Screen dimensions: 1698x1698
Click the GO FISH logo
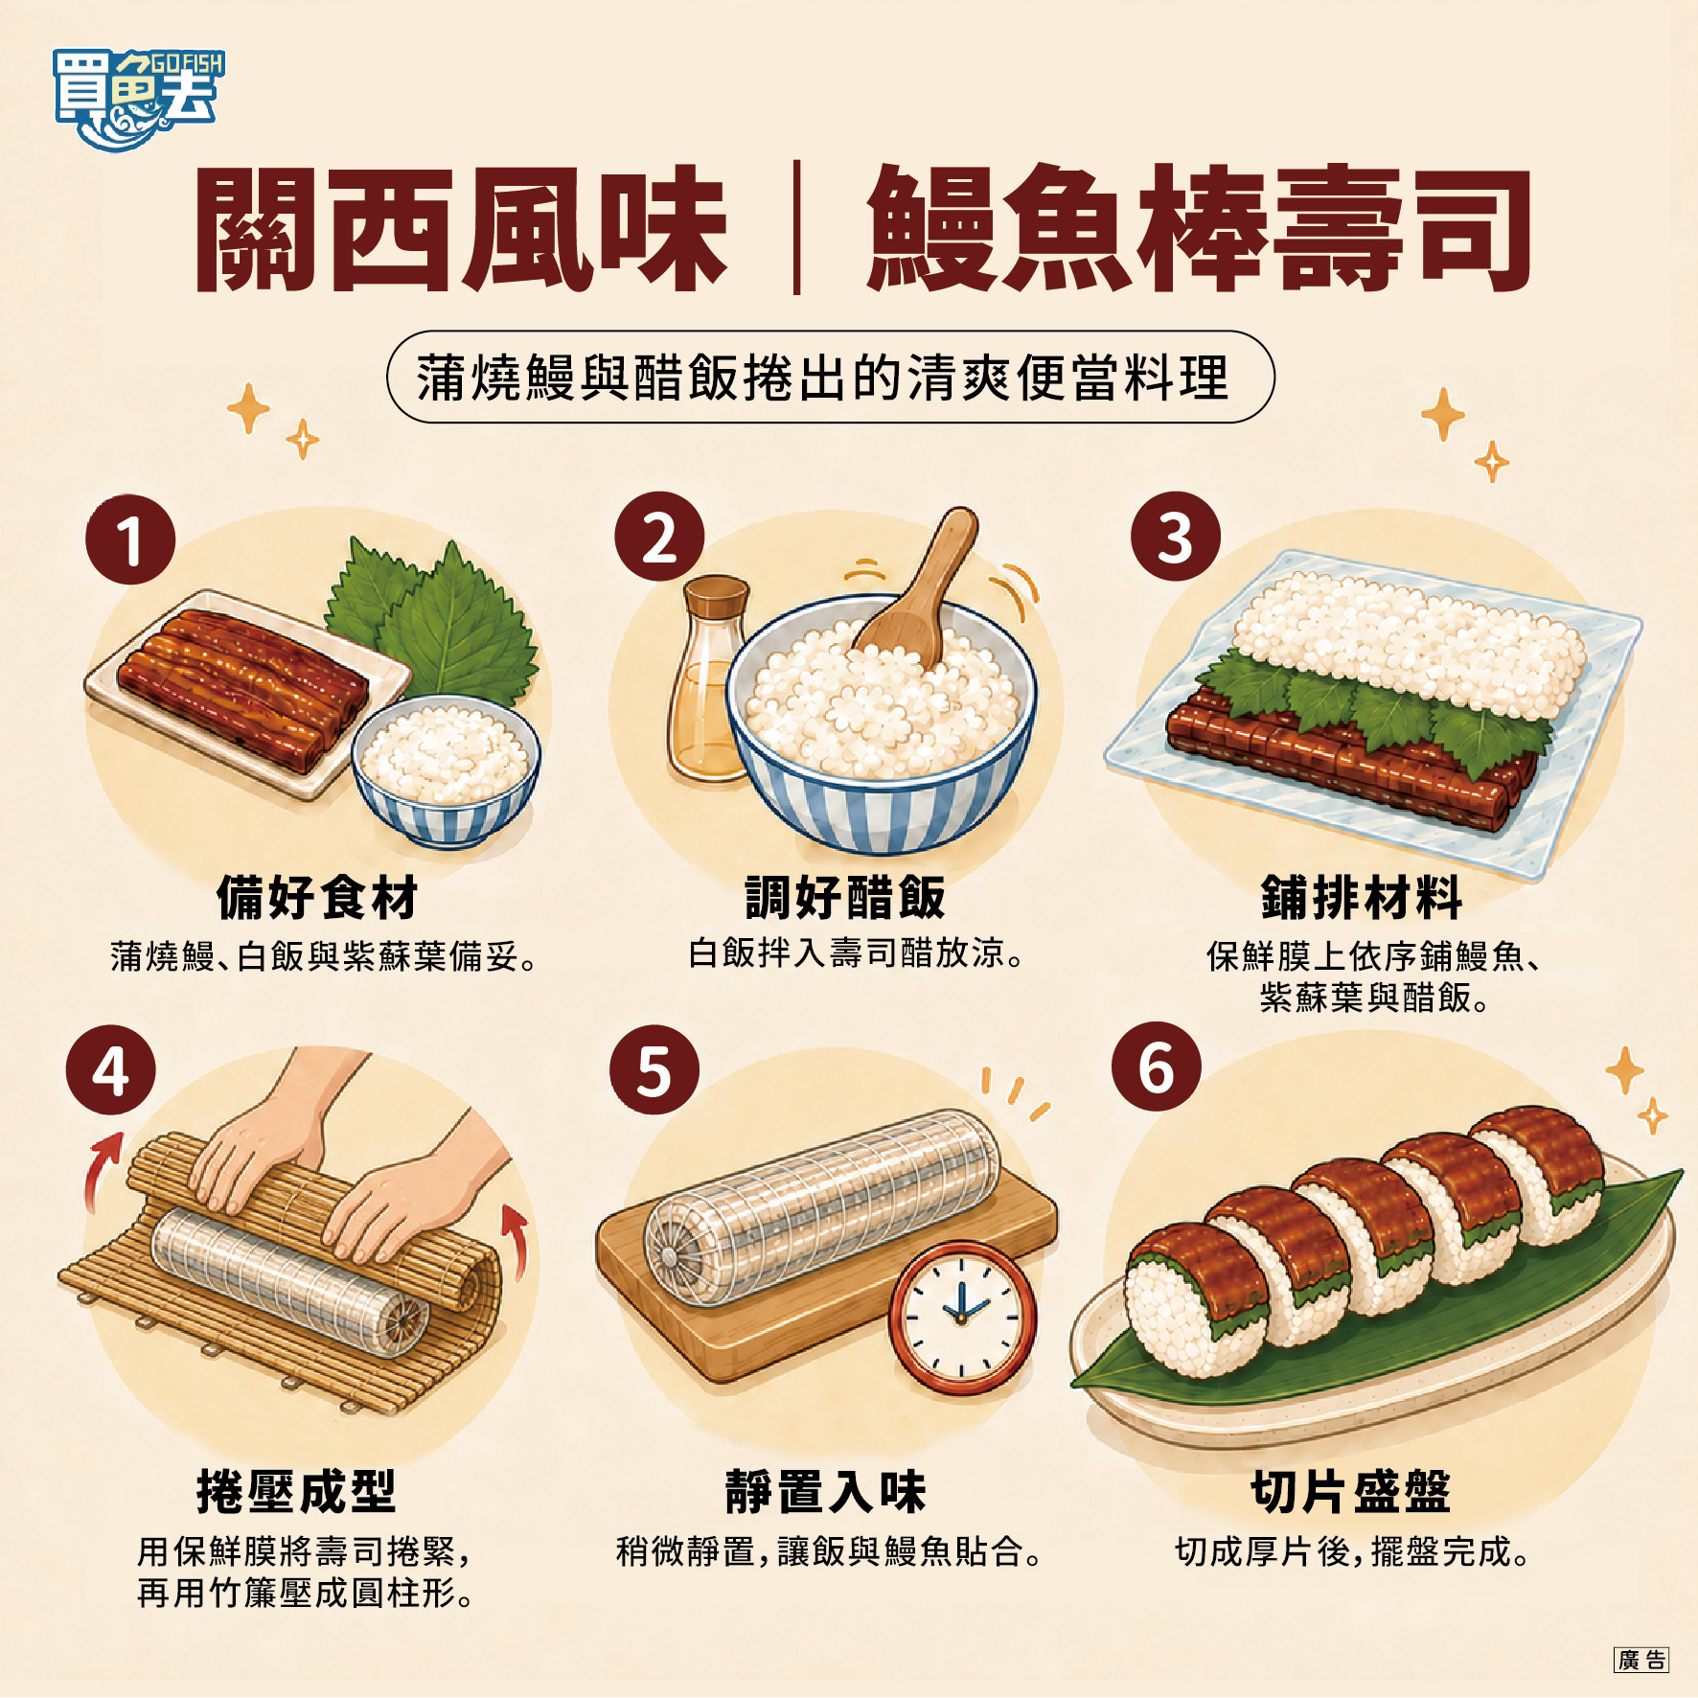(138, 100)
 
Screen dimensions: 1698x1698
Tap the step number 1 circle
(130, 539)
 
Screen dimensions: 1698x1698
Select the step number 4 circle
(111, 1069)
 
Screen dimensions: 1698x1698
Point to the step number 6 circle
(1157, 1067)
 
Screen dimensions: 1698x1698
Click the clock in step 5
(962, 1317)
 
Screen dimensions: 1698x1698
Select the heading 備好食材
(317, 897)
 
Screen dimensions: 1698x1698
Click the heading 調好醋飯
(845, 897)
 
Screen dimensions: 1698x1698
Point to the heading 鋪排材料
(1362, 897)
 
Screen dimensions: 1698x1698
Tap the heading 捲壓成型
(296, 1491)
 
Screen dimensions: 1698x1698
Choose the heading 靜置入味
(825, 1491)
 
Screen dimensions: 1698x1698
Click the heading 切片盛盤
(1351, 1491)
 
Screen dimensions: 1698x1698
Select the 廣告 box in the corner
(1641, 1661)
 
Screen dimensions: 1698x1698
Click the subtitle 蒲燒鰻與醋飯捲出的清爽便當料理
(822, 378)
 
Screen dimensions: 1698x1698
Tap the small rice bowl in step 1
(446, 770)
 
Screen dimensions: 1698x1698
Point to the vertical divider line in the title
(796, 228)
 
